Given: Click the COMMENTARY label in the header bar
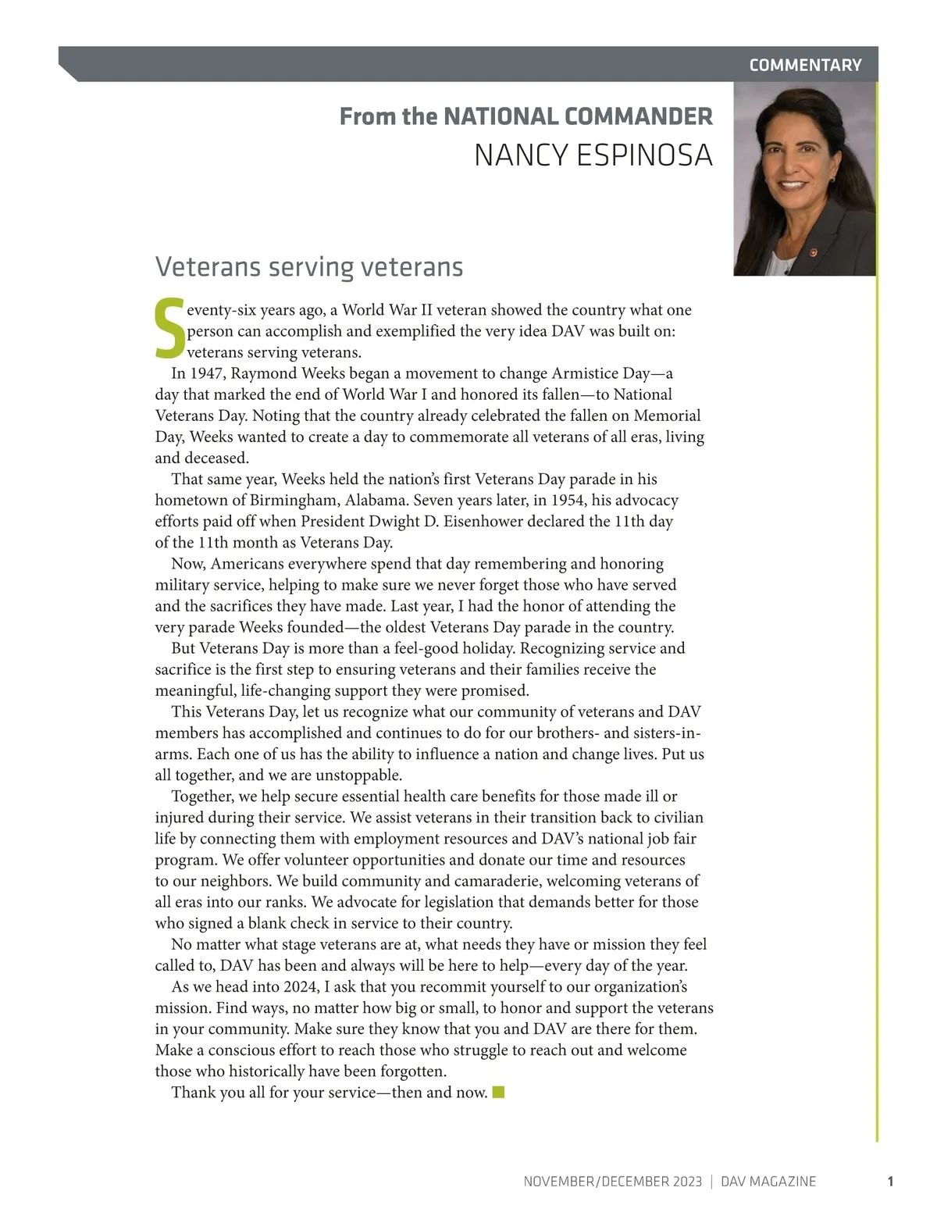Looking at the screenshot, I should click(805, 65).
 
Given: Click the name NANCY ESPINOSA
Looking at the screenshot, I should click(593, 155).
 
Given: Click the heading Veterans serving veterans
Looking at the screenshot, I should click(309, 267).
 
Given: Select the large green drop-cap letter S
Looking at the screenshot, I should click(169, 328).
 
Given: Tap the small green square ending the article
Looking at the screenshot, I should click(498, 1092).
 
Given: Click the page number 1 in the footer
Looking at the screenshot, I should click(890, 1182).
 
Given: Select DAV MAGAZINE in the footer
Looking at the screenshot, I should click(768, 1182).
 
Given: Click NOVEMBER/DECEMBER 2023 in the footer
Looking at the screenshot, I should click(612, 1182).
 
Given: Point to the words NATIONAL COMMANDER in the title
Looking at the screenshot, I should click(578, 116).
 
